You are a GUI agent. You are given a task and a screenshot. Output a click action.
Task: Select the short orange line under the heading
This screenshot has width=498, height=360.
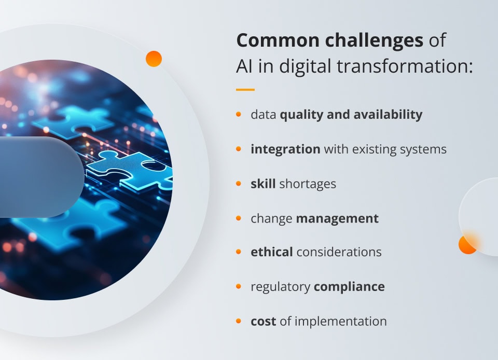(245, 90)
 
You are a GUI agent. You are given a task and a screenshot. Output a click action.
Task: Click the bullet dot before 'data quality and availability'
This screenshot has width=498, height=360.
(239, 114)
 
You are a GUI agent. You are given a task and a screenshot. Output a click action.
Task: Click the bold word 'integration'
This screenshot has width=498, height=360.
(285, 149)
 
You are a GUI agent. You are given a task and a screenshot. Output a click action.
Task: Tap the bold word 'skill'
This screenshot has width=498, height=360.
(263, 184)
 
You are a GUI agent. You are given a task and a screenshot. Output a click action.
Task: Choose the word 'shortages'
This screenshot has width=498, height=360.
(308, 184)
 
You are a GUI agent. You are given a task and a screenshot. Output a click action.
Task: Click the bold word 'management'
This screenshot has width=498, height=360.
(337, 218)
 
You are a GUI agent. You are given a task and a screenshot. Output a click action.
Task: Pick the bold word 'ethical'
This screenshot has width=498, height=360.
(271, 252)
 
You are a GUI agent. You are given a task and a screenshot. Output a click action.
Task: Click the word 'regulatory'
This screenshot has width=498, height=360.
(280, 287)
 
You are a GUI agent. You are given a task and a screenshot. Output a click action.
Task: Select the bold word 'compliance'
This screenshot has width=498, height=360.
(350, 287)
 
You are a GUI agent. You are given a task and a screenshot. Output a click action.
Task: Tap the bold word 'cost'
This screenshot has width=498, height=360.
(263, 321)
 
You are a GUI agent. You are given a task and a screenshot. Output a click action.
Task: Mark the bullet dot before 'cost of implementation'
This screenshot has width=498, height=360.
(239, 321)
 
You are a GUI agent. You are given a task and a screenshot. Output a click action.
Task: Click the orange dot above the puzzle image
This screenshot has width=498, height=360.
(154, 59)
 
